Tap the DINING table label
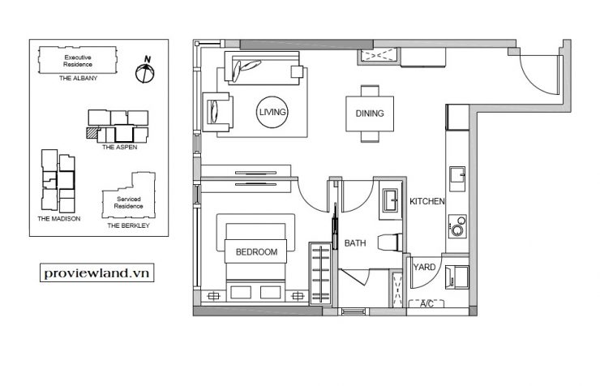(x=370, y=114)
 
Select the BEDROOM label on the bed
(x=256, y=251)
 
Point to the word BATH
(x=355, y=243)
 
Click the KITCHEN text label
(x=427, y=201)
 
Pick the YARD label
(x=424, y=267)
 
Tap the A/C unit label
(x=426, y=304)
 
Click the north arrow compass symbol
(x=145, y=71)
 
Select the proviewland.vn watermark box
(x=96, y=272)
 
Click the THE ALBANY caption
(x=78, y=78)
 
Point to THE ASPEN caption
(x=119, y=147)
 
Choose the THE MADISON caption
(x=59, y=218)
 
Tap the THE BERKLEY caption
(x=129, y=225)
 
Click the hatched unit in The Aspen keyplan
(x=92, y=132)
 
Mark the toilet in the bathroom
(x=390, y=242)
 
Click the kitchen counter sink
(x=457, y=178)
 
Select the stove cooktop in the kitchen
(x=457, y=226)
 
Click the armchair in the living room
(x=218, y=112)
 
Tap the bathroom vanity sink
(x=390, y=200)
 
